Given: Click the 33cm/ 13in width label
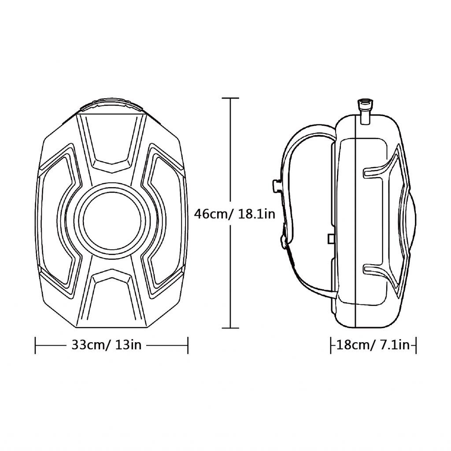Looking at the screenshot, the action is [x=107, y=344].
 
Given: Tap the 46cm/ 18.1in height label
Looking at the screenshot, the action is [x=234, y=214].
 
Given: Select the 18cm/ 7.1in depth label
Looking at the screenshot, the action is [x=373, y=344].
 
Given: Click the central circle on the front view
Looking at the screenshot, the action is [x=112, y=220].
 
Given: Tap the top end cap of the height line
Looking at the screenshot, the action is [x=230, y=98].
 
